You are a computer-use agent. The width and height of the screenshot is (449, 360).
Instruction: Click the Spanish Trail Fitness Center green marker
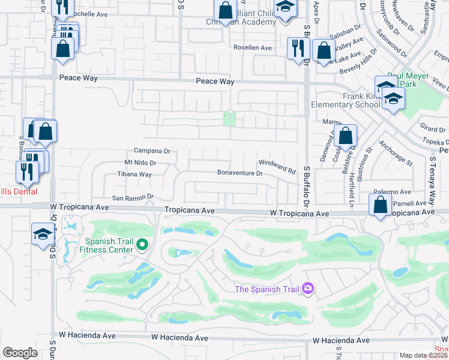(142, 244)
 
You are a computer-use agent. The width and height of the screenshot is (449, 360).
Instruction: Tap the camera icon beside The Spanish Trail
(308, 289)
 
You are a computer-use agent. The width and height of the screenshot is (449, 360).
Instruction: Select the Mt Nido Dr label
(140, 163)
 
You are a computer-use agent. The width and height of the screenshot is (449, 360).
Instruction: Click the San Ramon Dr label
(133, 197)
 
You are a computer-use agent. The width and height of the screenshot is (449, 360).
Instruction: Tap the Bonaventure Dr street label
(240, 173)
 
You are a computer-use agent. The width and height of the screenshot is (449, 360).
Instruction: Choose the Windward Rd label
(277, 166)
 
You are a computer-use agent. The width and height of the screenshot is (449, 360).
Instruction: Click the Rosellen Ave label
(253, 48)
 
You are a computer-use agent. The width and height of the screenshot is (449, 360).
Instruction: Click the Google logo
(19, 353)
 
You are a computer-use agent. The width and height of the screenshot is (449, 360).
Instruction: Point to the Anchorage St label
(396, 153)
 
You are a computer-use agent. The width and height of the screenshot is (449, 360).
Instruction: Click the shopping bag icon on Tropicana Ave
(381, 206)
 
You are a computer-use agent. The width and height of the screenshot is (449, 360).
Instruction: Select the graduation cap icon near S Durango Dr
(43, 234)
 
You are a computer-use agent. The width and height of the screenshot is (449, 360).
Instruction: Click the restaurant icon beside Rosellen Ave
(298, 48)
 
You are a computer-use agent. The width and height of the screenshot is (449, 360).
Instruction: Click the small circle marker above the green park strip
(230, 112)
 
